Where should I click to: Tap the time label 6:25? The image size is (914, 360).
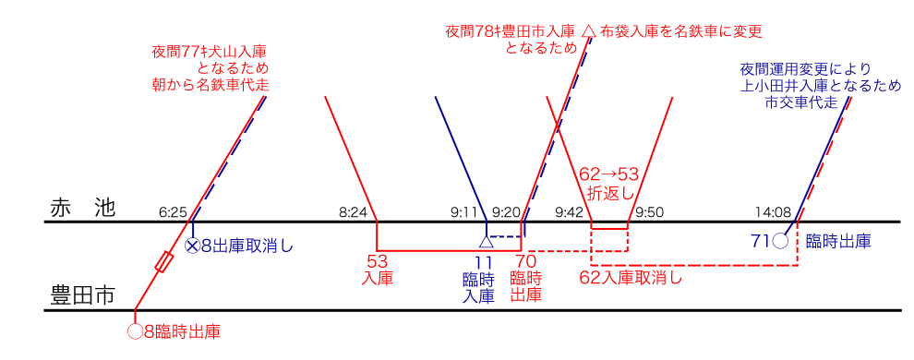pyautogui.click(x=173, y=212)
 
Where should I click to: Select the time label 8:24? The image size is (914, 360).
pyautogui.click(x=352, y=212)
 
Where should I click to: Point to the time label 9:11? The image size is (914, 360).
pyautogui.click(x=464, y=212)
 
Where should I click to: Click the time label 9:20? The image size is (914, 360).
pyautogui.click(x=505, y=212)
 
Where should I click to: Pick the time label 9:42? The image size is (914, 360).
pyautogui.click(x=569, y=212)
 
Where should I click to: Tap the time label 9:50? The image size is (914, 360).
pyautogui.click(x=650, y=212)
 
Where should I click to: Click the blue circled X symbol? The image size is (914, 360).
pyautogui.click(x=192, y=246)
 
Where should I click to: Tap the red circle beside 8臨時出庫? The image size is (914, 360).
pyautogui.click(x=135, y=332)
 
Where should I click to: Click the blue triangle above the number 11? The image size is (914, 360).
pyautogui.click(x=487, y=241)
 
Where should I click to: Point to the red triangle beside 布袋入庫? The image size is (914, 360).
pyautogui.click(x=589, y=30)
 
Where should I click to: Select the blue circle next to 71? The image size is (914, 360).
pyautogui.click(x=780, y=241)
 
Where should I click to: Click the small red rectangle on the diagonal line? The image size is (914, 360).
pyautogui.click(x=163, y=261)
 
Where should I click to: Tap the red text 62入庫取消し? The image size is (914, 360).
pyautogui.click(x=631, y=277)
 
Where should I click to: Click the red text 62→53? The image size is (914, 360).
pyautogui.click(x=608, y=174)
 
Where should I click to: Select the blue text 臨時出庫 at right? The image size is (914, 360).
pyautogui.click(x=838, y=241)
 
